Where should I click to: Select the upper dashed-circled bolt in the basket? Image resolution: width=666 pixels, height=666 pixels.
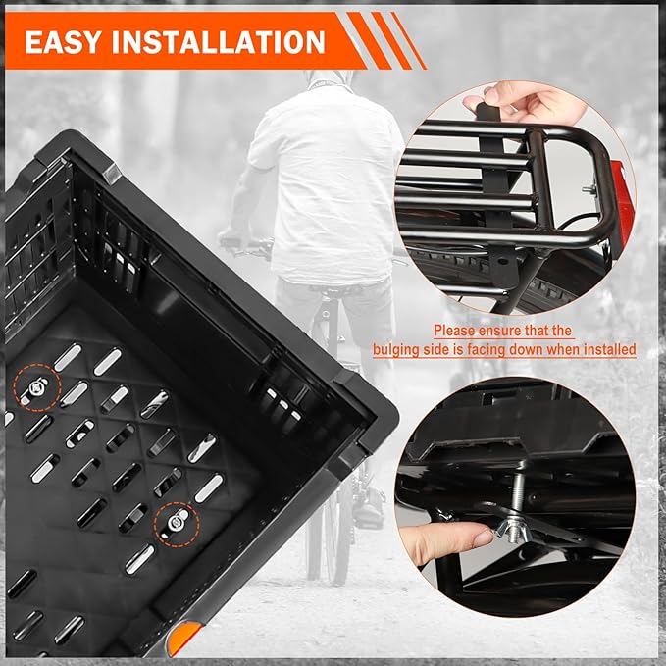pyautogui.click(x=36, y=386)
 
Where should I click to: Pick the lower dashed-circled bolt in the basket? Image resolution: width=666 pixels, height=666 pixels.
pyautogui.click(x=176, y=523)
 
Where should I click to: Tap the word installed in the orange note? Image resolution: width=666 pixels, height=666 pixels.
pyautogui.click(x=609, y=350)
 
